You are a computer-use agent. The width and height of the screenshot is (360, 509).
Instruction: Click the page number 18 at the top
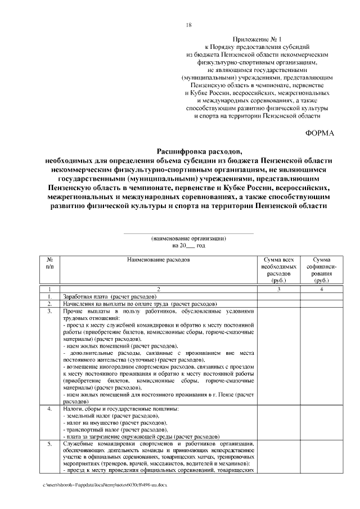click(189, 25)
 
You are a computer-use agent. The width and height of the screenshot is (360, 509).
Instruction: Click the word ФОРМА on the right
click(319, 133)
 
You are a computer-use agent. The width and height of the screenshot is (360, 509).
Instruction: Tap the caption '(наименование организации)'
click(188, 238)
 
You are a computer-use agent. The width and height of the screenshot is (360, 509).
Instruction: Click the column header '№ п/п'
click(49, 263)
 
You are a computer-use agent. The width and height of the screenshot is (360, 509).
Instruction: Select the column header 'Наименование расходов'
click(159, 260)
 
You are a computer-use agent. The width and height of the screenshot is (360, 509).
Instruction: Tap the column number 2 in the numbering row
click(159, 289)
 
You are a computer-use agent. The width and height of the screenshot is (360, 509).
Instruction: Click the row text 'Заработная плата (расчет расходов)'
click(109, 296)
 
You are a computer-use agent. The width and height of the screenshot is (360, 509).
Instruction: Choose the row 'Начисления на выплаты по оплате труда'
click(140, 304)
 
